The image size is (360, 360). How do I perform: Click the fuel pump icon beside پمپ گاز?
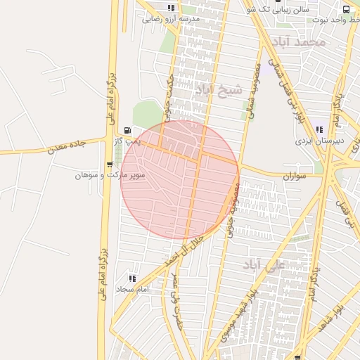click(127, 130)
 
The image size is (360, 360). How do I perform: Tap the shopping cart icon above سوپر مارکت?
click(109, 164)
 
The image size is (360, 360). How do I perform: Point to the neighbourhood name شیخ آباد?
click(218, 89)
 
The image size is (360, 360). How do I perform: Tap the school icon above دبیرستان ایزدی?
click(320, 129)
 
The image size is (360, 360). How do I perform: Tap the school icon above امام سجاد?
click(133, 278)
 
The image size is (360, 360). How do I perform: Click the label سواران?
click(295, 176)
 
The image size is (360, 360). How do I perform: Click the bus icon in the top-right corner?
click(346, 9)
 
